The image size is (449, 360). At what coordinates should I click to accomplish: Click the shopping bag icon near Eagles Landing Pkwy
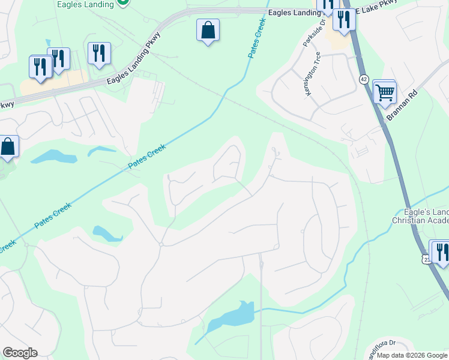pyautogui.click(x=208, y=30)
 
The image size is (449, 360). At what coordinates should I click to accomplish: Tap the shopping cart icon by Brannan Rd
pyautogui.click(x=384, y=92)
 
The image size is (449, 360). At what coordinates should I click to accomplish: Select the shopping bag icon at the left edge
pyautogui.click(x=8, y=147)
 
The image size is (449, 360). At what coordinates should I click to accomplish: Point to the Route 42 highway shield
pyautogui.click(x=364, y=79)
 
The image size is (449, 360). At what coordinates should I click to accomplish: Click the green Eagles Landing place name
pyautogui.click(x=85, y=4)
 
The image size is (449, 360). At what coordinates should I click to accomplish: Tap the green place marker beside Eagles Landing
pyautogui.click(x=123, y=2)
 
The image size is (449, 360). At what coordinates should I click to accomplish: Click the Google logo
pyautogui.click(x=20, y=353)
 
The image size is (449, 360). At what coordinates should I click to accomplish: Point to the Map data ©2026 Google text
pyautogui.click(x=412, y=355)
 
